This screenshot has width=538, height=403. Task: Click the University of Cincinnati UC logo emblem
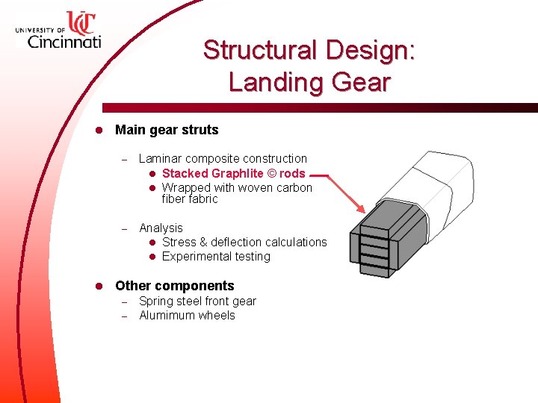tap(80, 22)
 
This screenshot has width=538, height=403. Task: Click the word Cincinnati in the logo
tap(64, 41)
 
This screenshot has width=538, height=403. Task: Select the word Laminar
tap(161, 158)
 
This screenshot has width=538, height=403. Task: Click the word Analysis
tap(161, 228)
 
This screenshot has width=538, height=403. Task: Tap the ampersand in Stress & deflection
tap(203, 242)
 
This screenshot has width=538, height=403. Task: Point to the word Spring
tap(155, 302)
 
